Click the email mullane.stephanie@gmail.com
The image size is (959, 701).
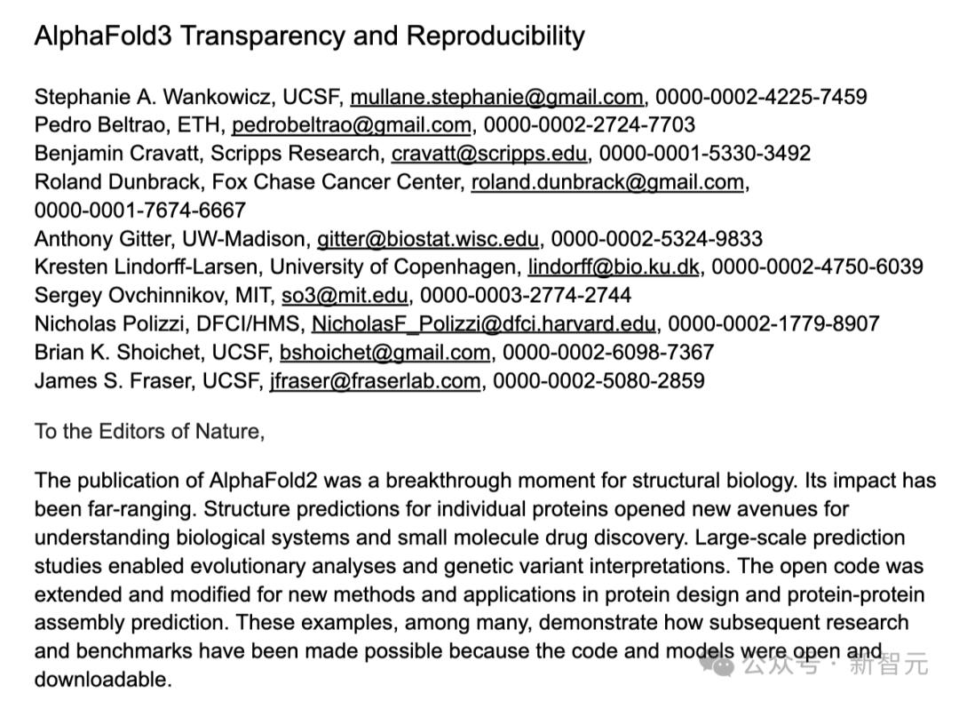tap(496, 97)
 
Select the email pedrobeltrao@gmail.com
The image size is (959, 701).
tap(352, 125)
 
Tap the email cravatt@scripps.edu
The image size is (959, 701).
tap(488, 154)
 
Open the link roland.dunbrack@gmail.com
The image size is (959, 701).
tap(607, 182)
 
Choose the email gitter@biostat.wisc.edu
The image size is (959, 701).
tap(428, 239)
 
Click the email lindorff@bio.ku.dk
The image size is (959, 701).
tap(614, 267)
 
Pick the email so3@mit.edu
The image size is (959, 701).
tap(345, 296)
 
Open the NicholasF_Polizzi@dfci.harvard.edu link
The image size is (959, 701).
tap(484, 324)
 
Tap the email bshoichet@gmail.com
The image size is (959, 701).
tap(384, 353)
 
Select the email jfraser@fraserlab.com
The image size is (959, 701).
tap(375, 381)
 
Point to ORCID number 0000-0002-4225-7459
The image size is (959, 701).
tap(761, 97)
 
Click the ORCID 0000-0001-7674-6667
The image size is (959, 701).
tap(139, 211)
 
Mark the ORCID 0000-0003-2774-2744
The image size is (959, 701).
tap(526, 296)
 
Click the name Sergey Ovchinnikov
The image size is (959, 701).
tap(123, 296)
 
